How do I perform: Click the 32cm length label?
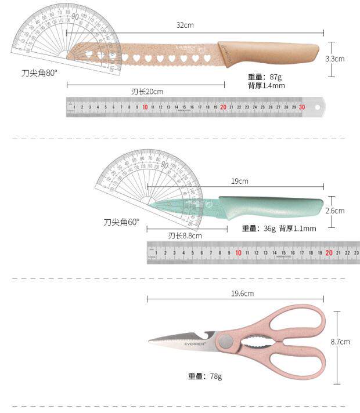[x=185, y=25]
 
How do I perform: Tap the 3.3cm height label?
[x=335, y=59]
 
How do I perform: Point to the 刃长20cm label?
[x=147, y=91]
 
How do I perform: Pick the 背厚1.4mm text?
[x=267, y=85]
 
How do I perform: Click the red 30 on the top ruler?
[x=302, y=107]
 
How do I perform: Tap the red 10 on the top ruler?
[x=145, y=107]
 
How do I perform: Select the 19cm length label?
[x=240, y=181]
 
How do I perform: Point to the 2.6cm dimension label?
[x=335, y=211]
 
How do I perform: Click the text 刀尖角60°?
[x=122, y=222]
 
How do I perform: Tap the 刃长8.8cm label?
[x=185, y=236]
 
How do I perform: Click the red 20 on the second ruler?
[x=329, y=252]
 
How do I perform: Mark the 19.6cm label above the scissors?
[x=243, y=294]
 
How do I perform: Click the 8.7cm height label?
[x=340, y=342]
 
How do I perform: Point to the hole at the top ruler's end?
[x=317, y=106]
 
